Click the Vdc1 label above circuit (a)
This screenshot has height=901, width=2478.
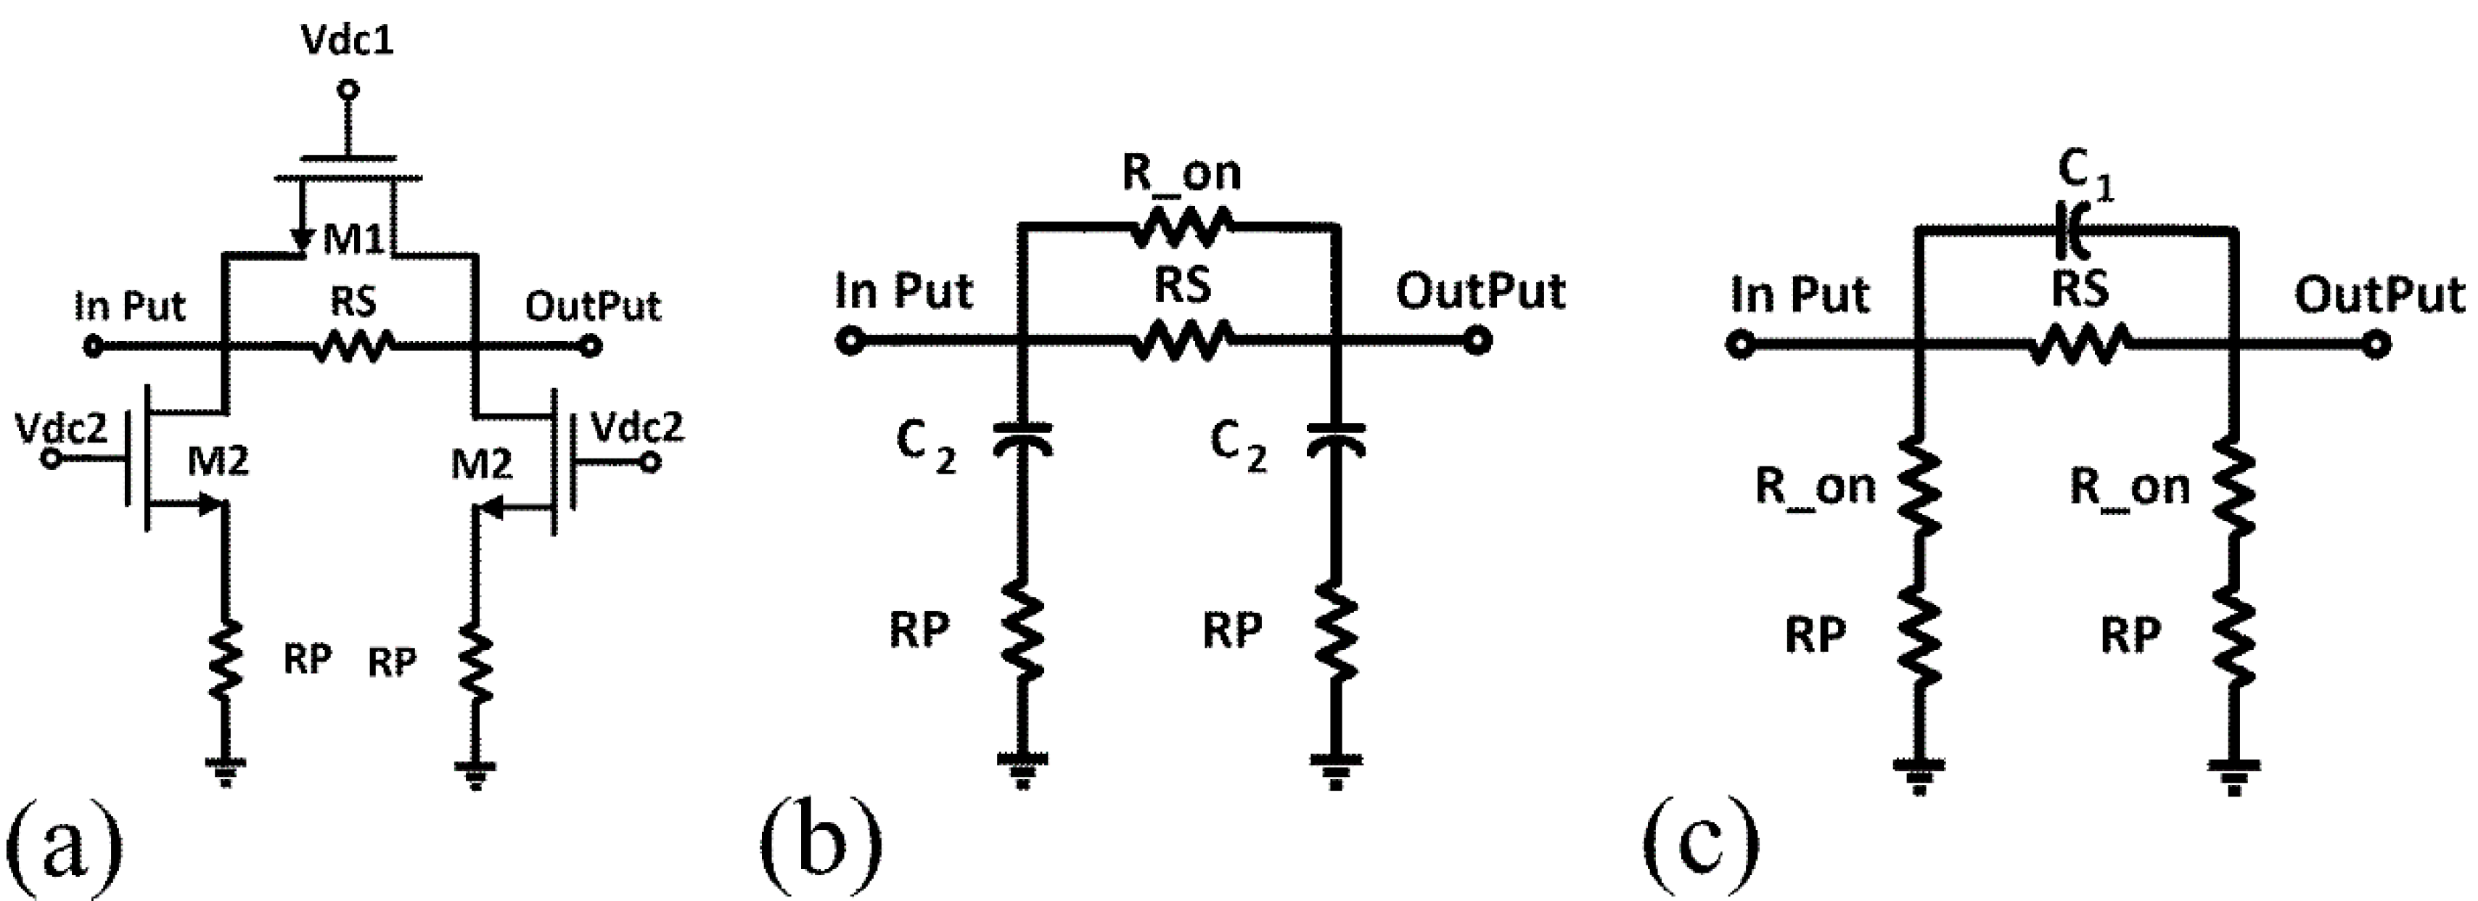pos(348,41)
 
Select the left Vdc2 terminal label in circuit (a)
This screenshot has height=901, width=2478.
pos(62,428)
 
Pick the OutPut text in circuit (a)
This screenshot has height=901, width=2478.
pos(593,307)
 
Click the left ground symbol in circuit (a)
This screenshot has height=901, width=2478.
pos(225,769)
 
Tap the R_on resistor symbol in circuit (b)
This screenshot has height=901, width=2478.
pos(1181,227)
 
